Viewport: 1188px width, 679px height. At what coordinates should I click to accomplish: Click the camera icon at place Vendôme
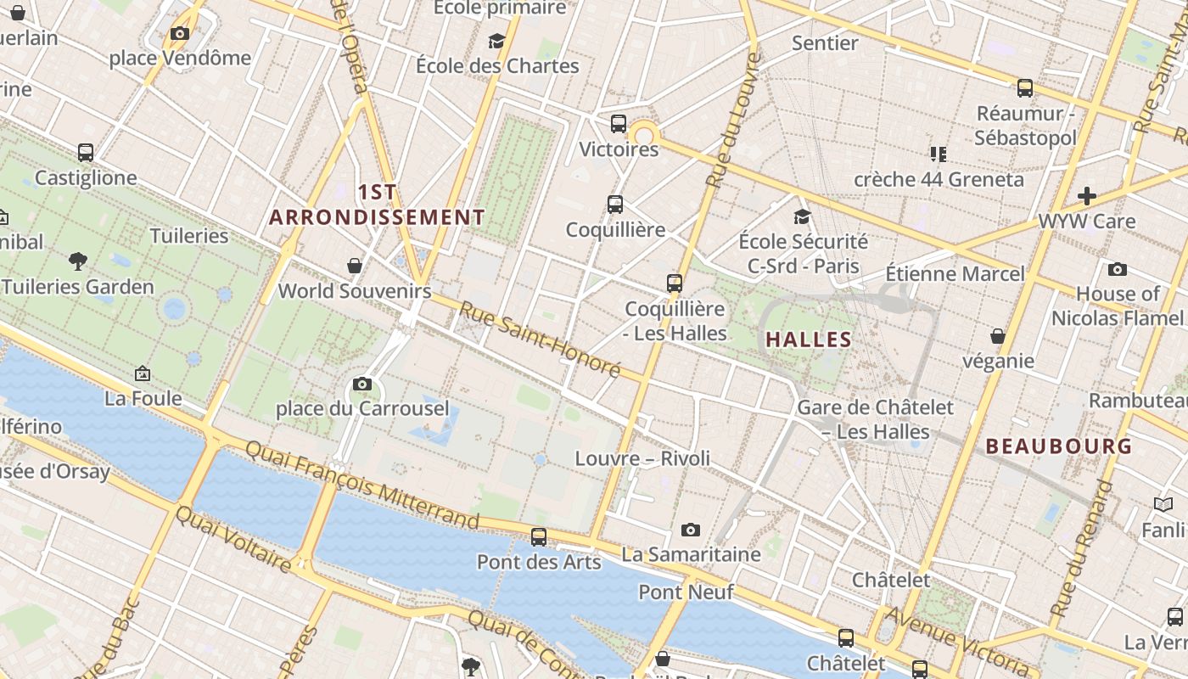[x=180, y=34]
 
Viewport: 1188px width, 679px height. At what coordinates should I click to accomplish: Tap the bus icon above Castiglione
[x=86, y=153]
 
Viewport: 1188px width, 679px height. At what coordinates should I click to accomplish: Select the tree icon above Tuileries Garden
[x=78, y=261]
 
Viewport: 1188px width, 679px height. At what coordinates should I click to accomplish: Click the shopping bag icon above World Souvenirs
[x=355, y=266]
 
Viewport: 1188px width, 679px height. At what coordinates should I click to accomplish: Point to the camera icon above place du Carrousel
[x=362, y=384]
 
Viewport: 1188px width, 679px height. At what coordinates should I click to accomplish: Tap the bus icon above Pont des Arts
[x=539, y=536]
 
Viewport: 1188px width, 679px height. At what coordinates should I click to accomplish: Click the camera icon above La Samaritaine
[x=691, y=530]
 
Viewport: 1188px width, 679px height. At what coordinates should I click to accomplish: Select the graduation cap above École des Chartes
[x=496, y=41]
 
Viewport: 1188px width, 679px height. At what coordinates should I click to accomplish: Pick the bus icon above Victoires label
[x=619, y=124]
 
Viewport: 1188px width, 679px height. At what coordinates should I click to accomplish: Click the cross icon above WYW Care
[x=1087, y=196]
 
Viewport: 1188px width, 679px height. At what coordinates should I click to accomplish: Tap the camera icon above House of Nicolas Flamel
[x=1118, y=270]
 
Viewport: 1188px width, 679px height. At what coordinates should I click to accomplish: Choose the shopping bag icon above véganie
[x=998, y=337]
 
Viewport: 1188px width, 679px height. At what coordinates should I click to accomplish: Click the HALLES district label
[x=809, y=339]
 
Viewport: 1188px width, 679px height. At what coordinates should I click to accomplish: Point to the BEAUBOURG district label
[x=1059, y=446]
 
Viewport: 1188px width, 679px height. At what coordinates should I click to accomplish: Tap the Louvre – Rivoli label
[x=642, y=458]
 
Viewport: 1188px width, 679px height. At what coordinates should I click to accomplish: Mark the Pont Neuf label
[x=686, y=592]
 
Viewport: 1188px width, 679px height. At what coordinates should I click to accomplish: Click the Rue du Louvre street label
[x=731, y=121]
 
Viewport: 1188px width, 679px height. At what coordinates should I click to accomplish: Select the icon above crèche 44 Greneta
[x=938, y=154]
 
